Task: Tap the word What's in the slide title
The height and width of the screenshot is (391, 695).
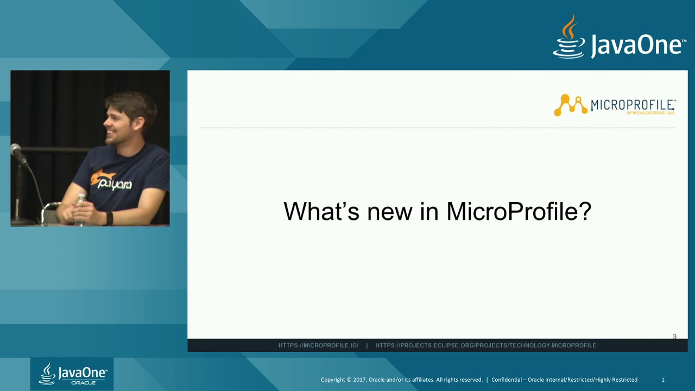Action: (x=321, y=211)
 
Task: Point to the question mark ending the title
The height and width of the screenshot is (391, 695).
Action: (x=585, y=211)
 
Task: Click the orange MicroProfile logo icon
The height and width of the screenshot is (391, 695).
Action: (x=570, y=105)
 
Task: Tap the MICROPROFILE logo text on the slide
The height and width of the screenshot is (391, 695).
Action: (x=633, y=104)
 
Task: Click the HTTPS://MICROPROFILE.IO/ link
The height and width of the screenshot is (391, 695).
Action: (x=318, y=345)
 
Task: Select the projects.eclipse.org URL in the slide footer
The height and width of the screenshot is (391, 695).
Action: (x=485, y=345)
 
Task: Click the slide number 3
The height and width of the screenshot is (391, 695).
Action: (x=674, y=337)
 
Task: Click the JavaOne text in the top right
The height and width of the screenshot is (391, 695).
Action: (x=638, y=45)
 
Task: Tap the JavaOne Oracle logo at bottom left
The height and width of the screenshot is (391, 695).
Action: (x=72, y=374)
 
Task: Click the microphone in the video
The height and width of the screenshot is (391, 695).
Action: (x=18, y=153)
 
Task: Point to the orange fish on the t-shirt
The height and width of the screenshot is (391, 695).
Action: (x=102, y=177)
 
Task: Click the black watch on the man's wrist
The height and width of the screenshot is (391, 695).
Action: (x=109, y=218)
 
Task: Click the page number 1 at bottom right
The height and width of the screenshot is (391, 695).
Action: (x=662, y=380)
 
